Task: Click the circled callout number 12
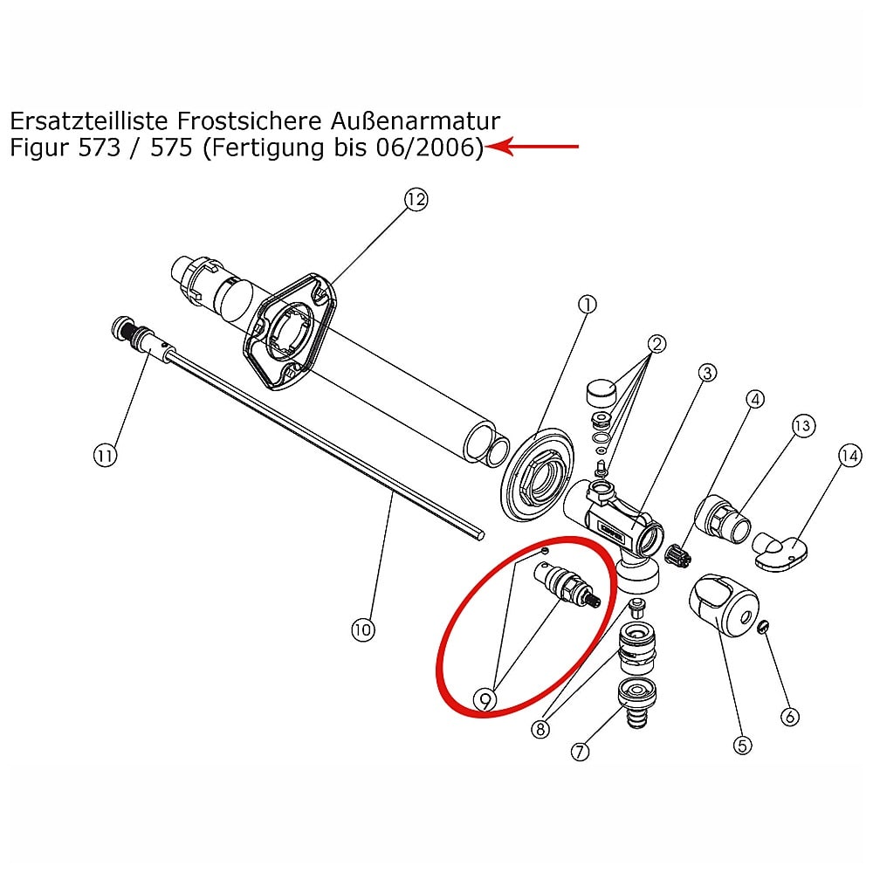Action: coord(416,199)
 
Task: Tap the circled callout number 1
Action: coord(588,305)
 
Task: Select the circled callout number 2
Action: coord(657,344)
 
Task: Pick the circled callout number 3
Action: coord(707,373)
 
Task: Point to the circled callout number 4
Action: coord(755,399)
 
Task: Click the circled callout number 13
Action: coord(803,426)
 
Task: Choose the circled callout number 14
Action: coord(849,457)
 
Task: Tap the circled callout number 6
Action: coord(789,717)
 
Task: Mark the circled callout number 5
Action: coord(742,745)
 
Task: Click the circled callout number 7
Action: coord(580,752)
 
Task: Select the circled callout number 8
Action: coord(540,729)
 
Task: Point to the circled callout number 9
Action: coord(485,699)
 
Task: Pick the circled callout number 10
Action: coord(362,630)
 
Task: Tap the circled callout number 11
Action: coord(105,456)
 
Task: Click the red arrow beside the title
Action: coord(532,147)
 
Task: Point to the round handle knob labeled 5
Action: coord(724,605)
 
